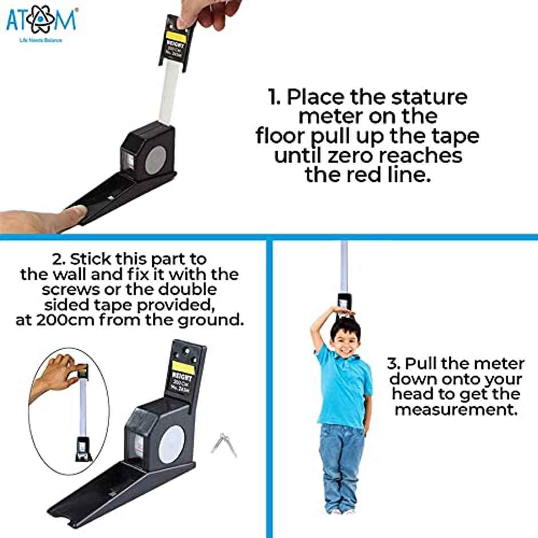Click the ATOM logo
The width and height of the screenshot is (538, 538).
pyautogui.click(x=41, y=21)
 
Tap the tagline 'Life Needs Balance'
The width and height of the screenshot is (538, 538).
pyautogui.click(x=41, y=41)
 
